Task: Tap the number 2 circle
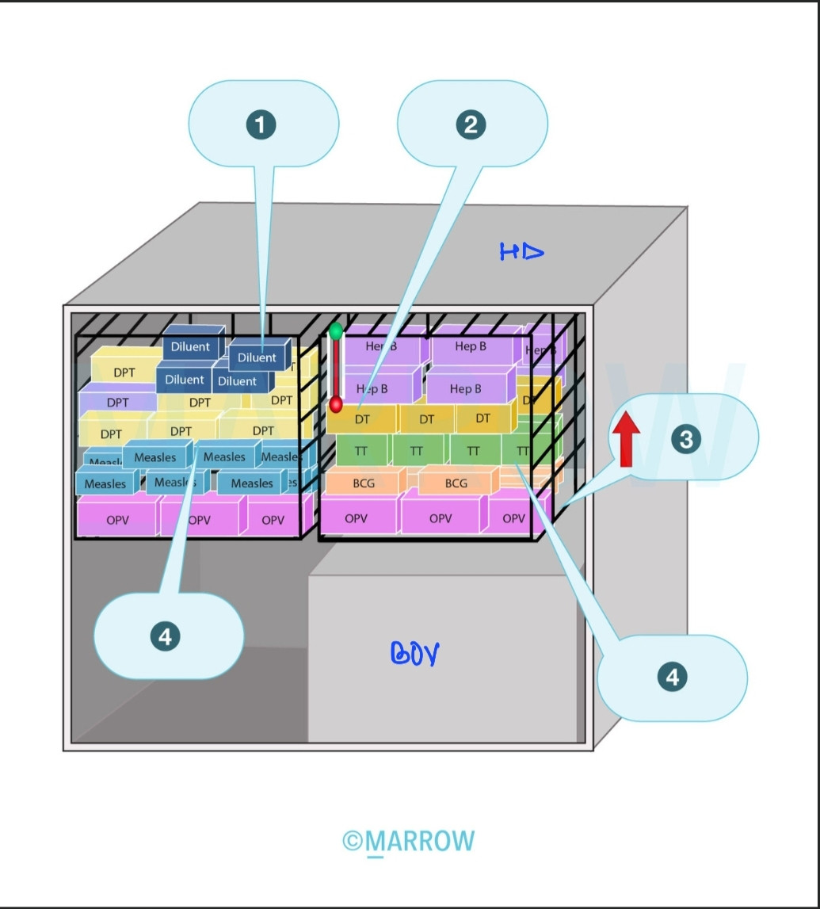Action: point(471,124)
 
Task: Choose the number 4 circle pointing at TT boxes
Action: point(672,677)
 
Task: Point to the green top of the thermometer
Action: point(336,331)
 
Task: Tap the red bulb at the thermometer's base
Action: point(336,406)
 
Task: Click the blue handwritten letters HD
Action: point(521,252)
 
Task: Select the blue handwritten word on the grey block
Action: point(415,653)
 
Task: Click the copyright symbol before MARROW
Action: point(353,841)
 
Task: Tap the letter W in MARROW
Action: point(462,841)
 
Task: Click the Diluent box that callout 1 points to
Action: point(257,357)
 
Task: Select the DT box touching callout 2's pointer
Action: point(362,419)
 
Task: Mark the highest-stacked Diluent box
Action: point(191,346)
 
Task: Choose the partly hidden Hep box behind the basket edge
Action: point(541,349)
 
